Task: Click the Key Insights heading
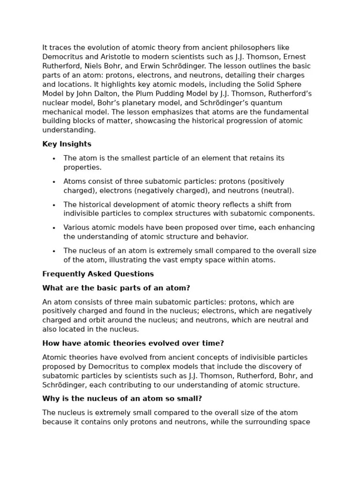(67, 144)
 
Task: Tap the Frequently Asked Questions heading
(97, 274)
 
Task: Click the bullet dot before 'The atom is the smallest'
(54, 159)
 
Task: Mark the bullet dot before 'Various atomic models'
(54, 228)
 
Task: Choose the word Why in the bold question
(50, 398)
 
